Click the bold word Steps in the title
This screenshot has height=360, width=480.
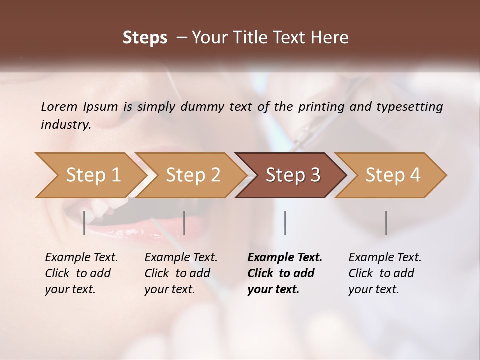145,38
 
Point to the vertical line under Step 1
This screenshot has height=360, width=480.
84,223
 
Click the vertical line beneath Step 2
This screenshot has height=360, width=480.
184,223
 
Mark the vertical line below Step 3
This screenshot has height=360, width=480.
285,223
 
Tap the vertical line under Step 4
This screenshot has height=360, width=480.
386,223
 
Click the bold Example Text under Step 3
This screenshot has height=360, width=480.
285,258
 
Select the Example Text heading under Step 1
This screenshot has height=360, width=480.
81,258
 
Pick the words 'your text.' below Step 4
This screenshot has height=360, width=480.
374,289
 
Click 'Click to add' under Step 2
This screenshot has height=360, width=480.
177,274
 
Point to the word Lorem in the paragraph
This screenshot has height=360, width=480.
59,106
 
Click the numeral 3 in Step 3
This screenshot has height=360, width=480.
315,175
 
